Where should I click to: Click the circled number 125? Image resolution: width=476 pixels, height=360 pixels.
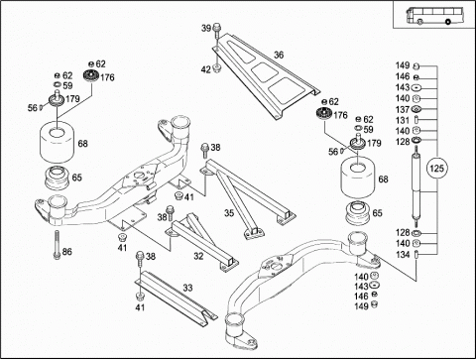pos(436,169)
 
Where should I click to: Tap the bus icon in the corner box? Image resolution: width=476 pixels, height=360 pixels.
pos(429,15)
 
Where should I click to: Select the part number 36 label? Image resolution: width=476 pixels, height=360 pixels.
pos(279,55)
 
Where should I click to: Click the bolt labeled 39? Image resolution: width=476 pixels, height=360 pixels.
pos(217,31)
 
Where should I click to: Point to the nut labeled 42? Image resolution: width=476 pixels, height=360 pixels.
pos(217,68)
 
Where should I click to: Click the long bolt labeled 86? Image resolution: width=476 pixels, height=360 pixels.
pos(57,244)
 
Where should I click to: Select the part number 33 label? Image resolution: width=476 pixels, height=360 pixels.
pos(187,288)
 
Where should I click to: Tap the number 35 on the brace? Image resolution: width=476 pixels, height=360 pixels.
pos(229,213)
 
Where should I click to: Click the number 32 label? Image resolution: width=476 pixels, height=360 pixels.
pos(198,256)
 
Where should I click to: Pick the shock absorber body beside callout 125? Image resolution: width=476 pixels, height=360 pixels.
pos(416,186)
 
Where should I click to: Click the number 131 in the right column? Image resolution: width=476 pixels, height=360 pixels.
pos(403,120)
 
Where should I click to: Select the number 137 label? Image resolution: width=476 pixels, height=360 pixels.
pos(403,109)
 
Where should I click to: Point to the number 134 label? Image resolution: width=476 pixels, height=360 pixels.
pos(403,255)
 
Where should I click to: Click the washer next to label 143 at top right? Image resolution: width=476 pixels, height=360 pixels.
pos(416,88)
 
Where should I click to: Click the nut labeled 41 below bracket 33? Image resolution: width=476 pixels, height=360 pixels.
pos(139,296)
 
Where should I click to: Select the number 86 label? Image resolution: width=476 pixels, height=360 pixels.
pos(66,252)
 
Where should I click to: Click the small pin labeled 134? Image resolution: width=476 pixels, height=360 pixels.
pos(416,255)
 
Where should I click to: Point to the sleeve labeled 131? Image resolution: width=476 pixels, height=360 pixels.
pos(416,119)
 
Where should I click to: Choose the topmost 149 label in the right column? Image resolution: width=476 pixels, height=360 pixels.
pos(403,65)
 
